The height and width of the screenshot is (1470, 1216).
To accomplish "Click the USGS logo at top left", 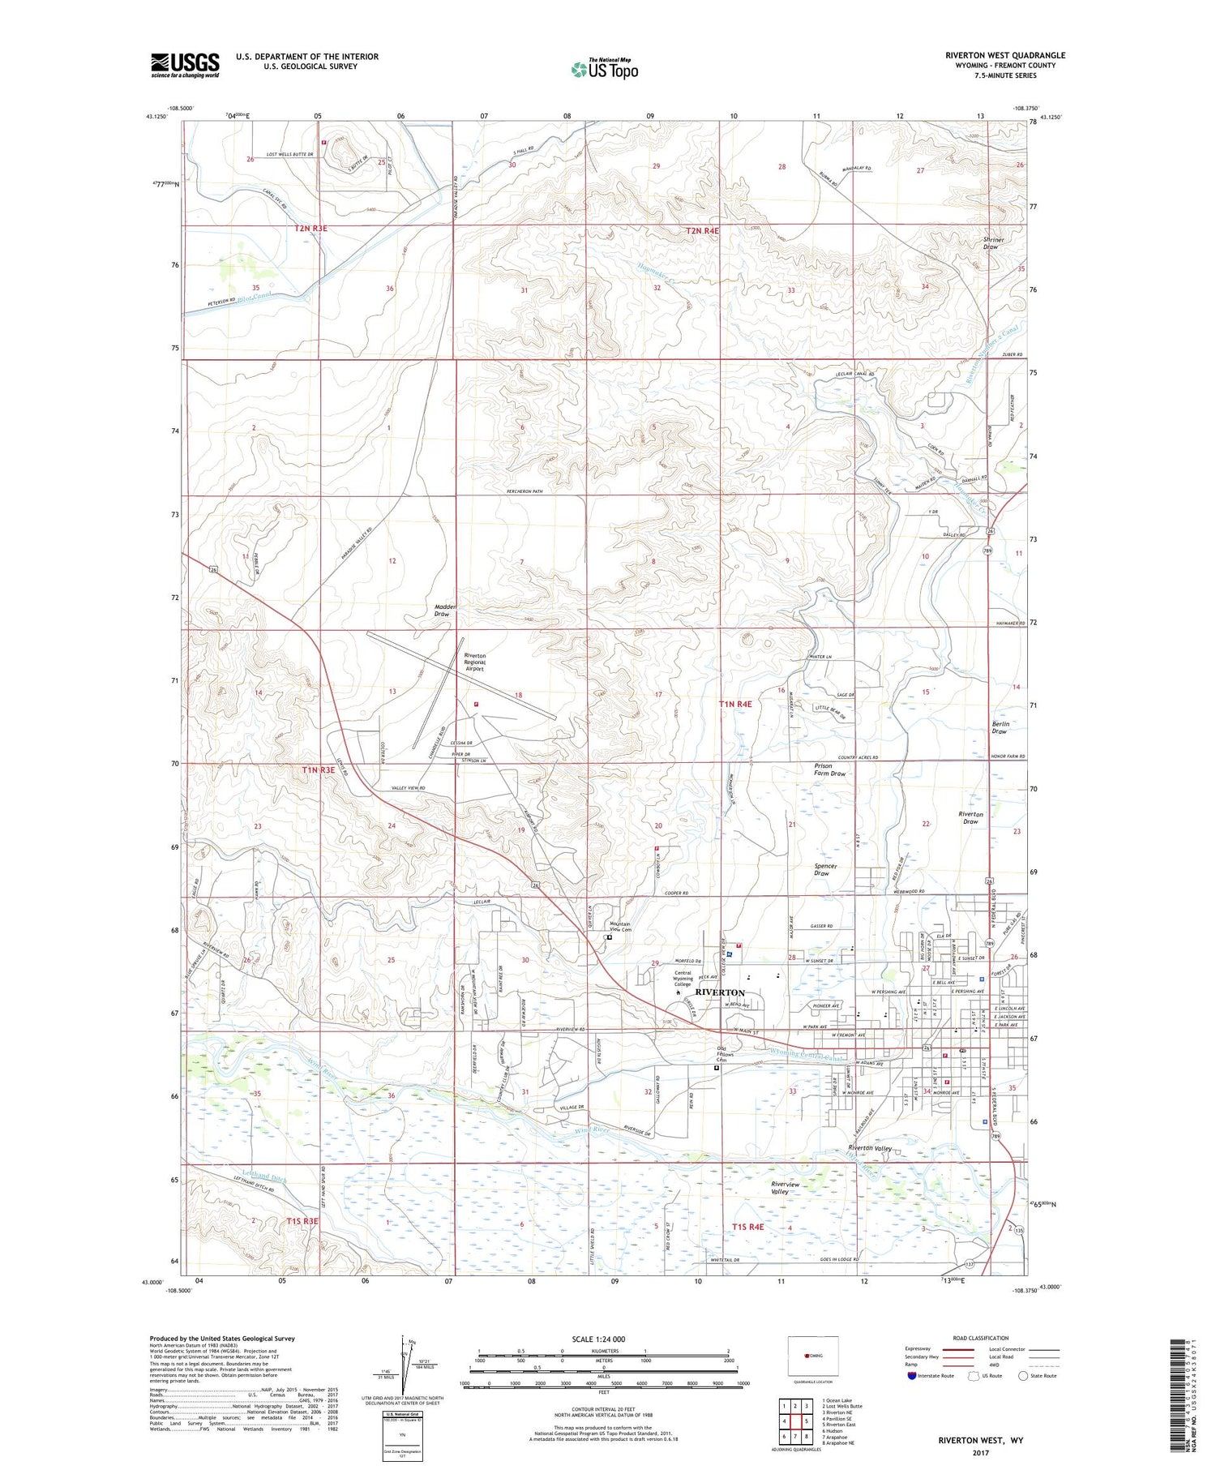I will coord(185,65).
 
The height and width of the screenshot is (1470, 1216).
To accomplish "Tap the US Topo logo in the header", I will coord(604,69).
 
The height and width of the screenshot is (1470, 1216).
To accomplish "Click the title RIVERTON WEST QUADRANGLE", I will coord(1004,55).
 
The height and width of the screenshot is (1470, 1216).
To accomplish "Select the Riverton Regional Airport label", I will coord(474,662).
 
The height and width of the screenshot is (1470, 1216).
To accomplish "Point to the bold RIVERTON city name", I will coord(719,992).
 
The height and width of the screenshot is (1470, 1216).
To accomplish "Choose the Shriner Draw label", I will coord(993,243).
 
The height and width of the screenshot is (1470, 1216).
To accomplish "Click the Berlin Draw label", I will coord(1000,727).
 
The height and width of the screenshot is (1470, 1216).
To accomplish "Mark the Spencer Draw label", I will coord(825,869).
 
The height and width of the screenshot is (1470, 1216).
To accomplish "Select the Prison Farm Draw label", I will coord(829,769).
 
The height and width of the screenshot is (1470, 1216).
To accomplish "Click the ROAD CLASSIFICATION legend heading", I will coord(981,1338).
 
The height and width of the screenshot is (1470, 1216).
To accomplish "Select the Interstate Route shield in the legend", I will coord(911,1376).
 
